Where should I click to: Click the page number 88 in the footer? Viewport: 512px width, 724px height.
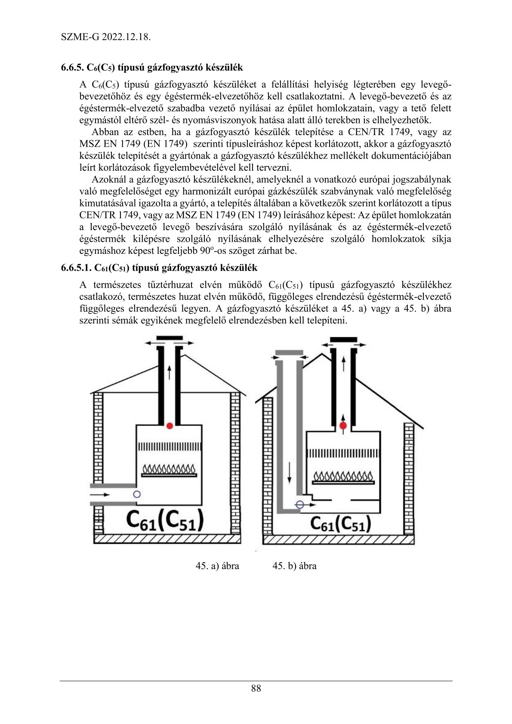pyautogui.click(x=256, y=688)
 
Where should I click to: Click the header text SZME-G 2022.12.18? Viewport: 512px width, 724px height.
pyautogui.click(x=105, y=37)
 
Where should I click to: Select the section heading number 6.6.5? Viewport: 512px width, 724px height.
pyautogui.click(x=72, y=68)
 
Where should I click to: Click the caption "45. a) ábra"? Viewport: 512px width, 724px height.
pyautogui.click(x=217, y=566)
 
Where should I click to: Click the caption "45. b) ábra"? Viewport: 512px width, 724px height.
pyautogui.click(x=294, y=566)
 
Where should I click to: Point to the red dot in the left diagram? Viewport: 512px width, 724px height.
pyautogui.click(x=170, y=426)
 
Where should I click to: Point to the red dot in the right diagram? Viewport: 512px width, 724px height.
pyautogui.click(x=343, y=426)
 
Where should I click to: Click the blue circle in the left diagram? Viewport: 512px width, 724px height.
pyautogui.click(x=137, y=494)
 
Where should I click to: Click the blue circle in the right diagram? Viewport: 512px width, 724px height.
pyautogui.click(x=300, y=505)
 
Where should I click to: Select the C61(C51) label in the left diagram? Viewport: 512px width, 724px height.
pyautogui.click(x=165, y=521)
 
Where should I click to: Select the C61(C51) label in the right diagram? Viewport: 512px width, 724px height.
pyautogui.click(x=340, y=524)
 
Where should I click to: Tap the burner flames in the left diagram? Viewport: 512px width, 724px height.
pyautogui.click(x=169, y=468)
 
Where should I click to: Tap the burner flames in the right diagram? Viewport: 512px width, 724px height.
pyautogui.click(x=343, y=476)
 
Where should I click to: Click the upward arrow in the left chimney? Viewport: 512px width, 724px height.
pyautogui.click(x=170, y=372)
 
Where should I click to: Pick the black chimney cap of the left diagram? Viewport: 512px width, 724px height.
pyautogui.click(x=170, y=338)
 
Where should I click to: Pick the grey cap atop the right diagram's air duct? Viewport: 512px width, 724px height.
pyautogui.click(x=289, y=353)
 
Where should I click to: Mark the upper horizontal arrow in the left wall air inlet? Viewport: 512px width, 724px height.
pyautogui.click(x=100, y=495)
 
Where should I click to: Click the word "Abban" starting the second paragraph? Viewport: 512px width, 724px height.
pyautogui.click(x=105, y=132)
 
